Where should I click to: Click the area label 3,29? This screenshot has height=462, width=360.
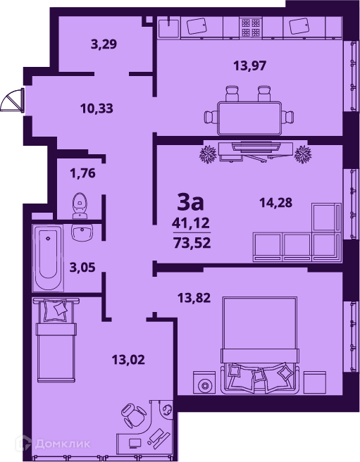104,44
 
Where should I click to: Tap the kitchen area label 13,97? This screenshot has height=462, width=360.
249,65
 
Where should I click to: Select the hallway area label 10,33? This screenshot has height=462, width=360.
97,108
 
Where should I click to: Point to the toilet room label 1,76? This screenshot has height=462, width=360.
82,173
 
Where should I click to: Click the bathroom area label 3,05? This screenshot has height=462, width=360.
82,268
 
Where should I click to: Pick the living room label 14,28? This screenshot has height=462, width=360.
275,202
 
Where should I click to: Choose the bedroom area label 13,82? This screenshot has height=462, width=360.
194,298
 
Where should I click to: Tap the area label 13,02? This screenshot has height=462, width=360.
128,360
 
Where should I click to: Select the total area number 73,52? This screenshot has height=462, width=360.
192,244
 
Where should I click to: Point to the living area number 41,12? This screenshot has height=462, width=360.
191,223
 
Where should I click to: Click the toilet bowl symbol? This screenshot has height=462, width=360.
80,206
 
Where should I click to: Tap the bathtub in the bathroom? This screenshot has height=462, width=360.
47,258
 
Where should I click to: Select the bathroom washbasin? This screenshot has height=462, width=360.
82,233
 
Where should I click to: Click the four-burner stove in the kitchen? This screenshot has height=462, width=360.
251,27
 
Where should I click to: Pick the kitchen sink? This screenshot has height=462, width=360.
169,27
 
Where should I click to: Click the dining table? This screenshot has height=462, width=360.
249,118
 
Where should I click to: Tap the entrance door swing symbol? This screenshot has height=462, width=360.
12,100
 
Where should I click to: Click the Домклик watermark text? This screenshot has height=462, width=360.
63,444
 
